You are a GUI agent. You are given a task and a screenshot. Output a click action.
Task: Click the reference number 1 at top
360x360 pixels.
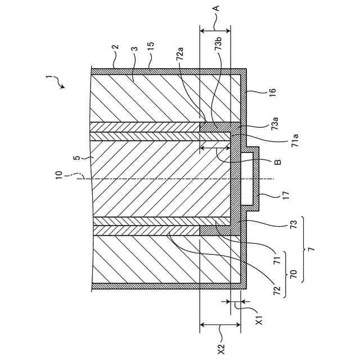49,78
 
